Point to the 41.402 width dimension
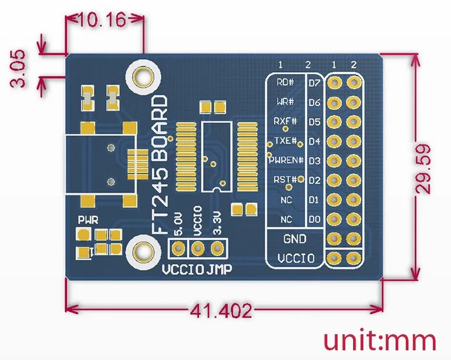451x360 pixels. (x=220, y=310)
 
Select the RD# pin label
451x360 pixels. (x=285, y=82)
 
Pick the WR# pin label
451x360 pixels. (x=285, y=102)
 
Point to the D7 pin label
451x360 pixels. (x=314, y=82)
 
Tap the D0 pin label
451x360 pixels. (x=314, y=220)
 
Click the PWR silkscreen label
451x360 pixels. (x=88, y=220)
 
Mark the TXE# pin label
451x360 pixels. (x=285, y=140)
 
